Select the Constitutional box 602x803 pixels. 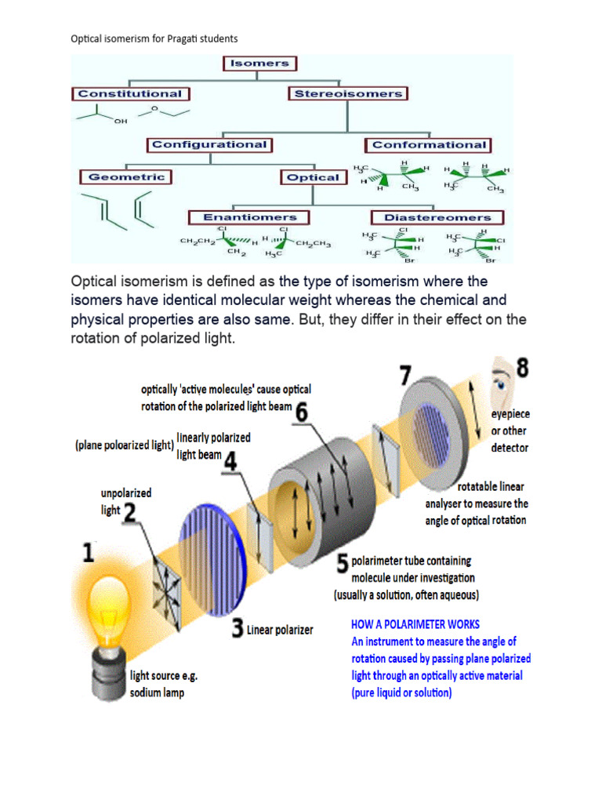(x=129, y=93)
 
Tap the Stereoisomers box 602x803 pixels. (x=348, y=93)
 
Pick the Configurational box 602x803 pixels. (x=209, y=144)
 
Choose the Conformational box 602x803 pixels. (x=429, y=144)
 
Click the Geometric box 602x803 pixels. (x=126, y=176)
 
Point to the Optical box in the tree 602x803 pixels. (x=314, y=177)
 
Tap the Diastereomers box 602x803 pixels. (x=437, y=217)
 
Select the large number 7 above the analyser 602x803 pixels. (x=407, y=375)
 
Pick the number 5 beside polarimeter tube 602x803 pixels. (x=343, y=563)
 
